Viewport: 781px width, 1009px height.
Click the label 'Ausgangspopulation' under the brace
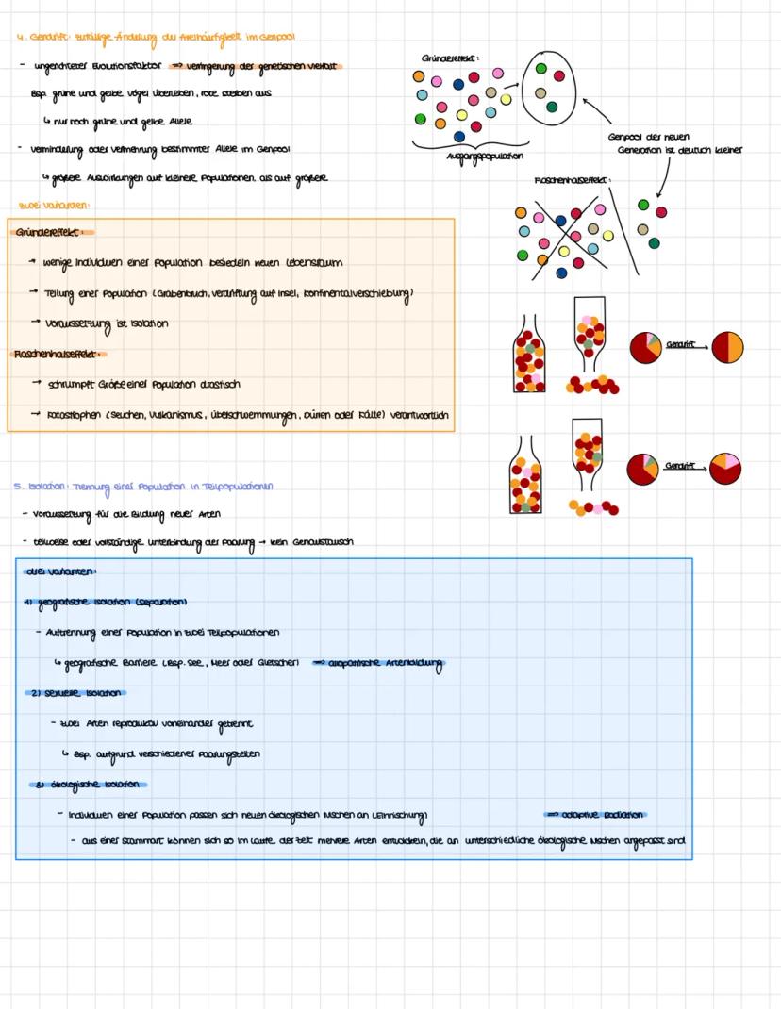485,156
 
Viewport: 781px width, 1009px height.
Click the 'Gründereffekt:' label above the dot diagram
450,58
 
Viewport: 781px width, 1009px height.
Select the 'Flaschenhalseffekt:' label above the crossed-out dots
573,179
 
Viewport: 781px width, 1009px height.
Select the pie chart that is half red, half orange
727,346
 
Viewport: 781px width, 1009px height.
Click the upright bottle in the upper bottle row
529,356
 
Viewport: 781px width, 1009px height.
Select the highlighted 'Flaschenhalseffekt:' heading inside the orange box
59,355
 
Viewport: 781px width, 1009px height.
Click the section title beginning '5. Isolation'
143,487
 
